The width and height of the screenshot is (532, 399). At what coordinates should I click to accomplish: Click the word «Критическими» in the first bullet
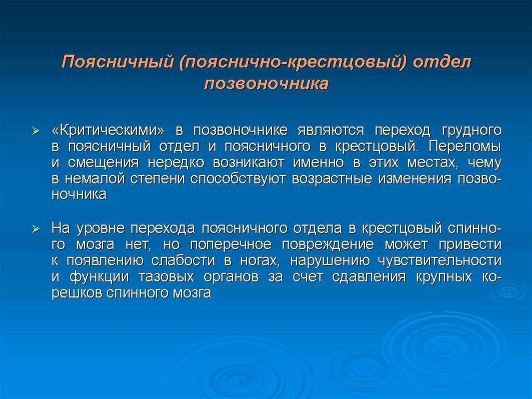pos(110,131)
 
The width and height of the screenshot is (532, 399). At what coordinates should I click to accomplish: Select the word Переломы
pos(465,147)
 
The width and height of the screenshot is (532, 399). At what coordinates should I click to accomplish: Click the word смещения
pos(103,163)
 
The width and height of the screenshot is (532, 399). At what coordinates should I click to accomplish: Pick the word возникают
pos(248,163)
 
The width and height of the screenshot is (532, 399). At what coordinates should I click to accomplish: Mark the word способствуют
pos(237,179)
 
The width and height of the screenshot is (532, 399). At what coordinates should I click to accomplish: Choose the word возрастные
pos(332,179)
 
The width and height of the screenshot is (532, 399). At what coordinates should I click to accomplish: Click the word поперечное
pos(230,244)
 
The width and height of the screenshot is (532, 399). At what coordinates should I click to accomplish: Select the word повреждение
pos(328,244)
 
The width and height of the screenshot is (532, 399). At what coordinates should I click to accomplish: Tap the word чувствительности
pos(440,261)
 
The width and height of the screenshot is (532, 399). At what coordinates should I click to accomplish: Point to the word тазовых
pos(166,277)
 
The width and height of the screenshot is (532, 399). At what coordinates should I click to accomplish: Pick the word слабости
pos(183,261)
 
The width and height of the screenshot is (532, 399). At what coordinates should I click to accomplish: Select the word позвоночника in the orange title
pos(267,84)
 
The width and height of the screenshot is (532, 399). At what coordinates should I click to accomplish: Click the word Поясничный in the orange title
pos(117,63)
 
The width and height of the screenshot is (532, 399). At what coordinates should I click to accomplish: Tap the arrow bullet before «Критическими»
pos(36,131)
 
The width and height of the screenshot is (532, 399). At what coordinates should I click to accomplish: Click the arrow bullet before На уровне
pos(36,229)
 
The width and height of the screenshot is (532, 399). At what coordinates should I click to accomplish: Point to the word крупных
pos(444,277)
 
